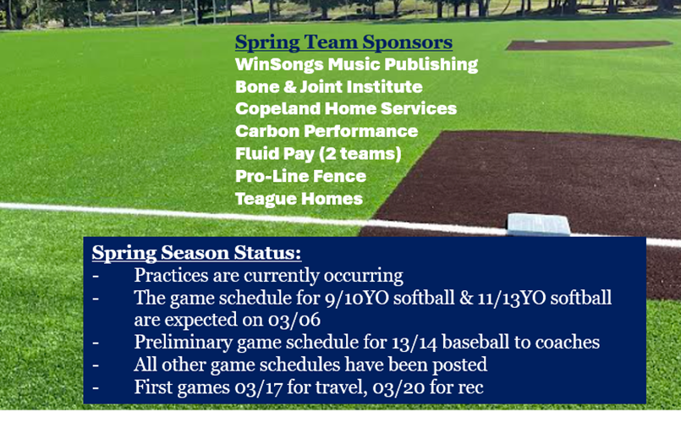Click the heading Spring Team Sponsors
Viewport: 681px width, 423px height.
[x=343, y=42]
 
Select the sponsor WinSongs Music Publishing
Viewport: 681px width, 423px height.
[x=356, y=64]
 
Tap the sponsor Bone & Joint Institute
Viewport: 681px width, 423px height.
[x=328, y=86]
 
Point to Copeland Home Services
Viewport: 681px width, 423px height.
[x=345, y=109]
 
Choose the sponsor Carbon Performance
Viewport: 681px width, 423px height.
[x=326, y=131]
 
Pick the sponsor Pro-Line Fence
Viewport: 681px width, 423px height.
[x=300, y=176]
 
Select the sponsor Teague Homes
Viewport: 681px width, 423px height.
[x=299, y=199]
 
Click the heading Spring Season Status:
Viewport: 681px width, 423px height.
[x=196, y=253]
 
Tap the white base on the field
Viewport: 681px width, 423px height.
[x=539, y=224]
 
